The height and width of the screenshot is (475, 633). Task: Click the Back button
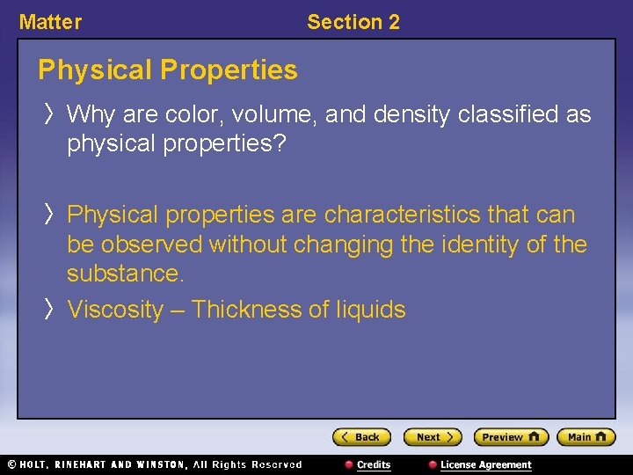point(361,437)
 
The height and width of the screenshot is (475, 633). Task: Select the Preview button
point(510,437)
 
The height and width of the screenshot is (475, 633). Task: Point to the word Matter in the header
point(50,22)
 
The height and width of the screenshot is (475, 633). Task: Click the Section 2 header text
point(353,22)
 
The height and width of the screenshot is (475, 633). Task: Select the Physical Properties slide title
point(168,69)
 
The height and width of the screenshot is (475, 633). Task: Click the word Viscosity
point(115,310)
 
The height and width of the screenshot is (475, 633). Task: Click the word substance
point(126,274)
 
